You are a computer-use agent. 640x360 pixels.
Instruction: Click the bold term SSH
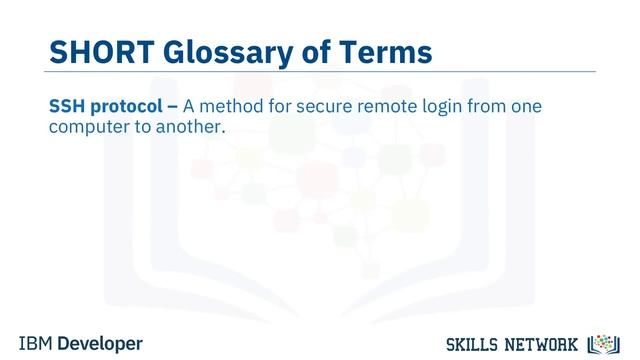pyautogui.click(x=68, y=106)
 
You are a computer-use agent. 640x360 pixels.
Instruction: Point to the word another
pyautogui.click(x=188, y=128)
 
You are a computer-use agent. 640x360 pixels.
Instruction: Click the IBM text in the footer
pyautogui.click(x=36, y=343)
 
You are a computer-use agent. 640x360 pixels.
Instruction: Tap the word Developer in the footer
pyautogui.click(x=100, y=343)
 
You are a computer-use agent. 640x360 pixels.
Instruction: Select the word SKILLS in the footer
pyautogui.click(x=469, y=344)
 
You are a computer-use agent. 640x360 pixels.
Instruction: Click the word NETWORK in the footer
pyautogui.click(x=543, y=344)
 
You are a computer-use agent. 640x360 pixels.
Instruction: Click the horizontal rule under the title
pyautogui.click(x=320, y=72)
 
